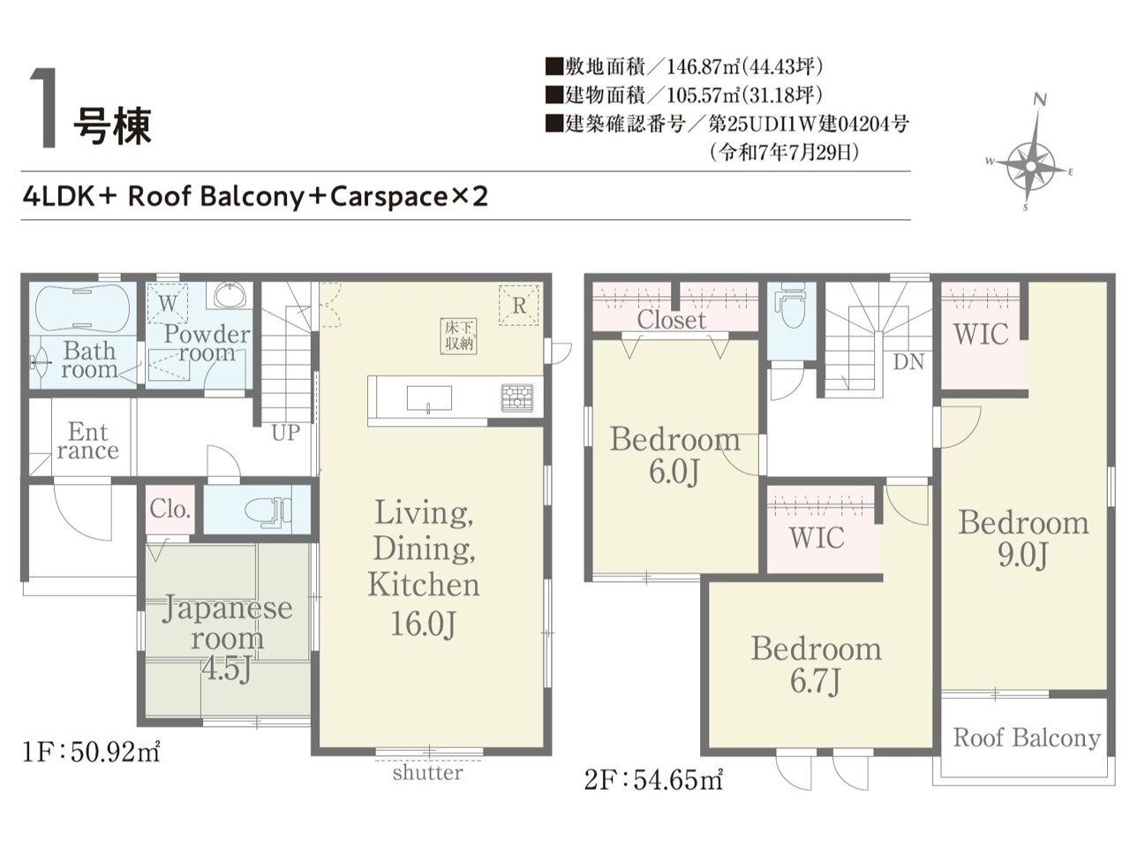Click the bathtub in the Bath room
click(82, 308)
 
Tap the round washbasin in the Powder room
click(230, 296)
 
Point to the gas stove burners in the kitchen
click(516, 398)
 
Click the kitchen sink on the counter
click(429, 398)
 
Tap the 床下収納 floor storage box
click(458, 336)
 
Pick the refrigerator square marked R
click(518, 305)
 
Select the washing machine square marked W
click(168, 304)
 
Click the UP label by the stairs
click(286, 433)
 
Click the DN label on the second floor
click(908, 362)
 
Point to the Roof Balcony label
click(1027, 738)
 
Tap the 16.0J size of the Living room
click(423, 624)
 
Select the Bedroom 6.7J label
click(816, 664)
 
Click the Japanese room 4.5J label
click(228, 638)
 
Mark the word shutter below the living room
click(428, 772)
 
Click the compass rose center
click(1030, 166)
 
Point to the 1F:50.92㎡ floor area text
click(91, 753)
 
